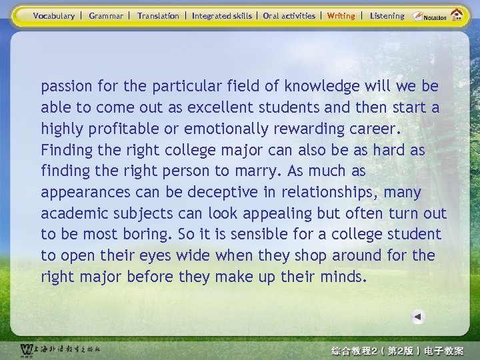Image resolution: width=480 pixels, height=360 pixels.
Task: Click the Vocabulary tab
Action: click(x=54, y=16)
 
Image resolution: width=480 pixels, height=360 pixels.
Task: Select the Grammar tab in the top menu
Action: click(x=106, y=16)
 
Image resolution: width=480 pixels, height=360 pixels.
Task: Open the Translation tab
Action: click(x=158, y=16)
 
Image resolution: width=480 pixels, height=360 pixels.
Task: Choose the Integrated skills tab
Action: click(x=221, y=16)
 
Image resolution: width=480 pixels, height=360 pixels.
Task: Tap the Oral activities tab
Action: click(x=289, y=16)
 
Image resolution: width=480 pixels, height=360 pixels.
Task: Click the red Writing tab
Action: click(x=341, y=16)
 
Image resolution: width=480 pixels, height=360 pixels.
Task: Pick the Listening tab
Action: click(x=387, y=16)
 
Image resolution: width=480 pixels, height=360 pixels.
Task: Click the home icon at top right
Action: click(x=457, y=15)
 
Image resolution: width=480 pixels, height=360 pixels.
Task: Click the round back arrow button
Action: click(x=417, y=317)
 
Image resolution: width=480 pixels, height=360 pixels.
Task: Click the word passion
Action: click(x=67, y=87)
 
